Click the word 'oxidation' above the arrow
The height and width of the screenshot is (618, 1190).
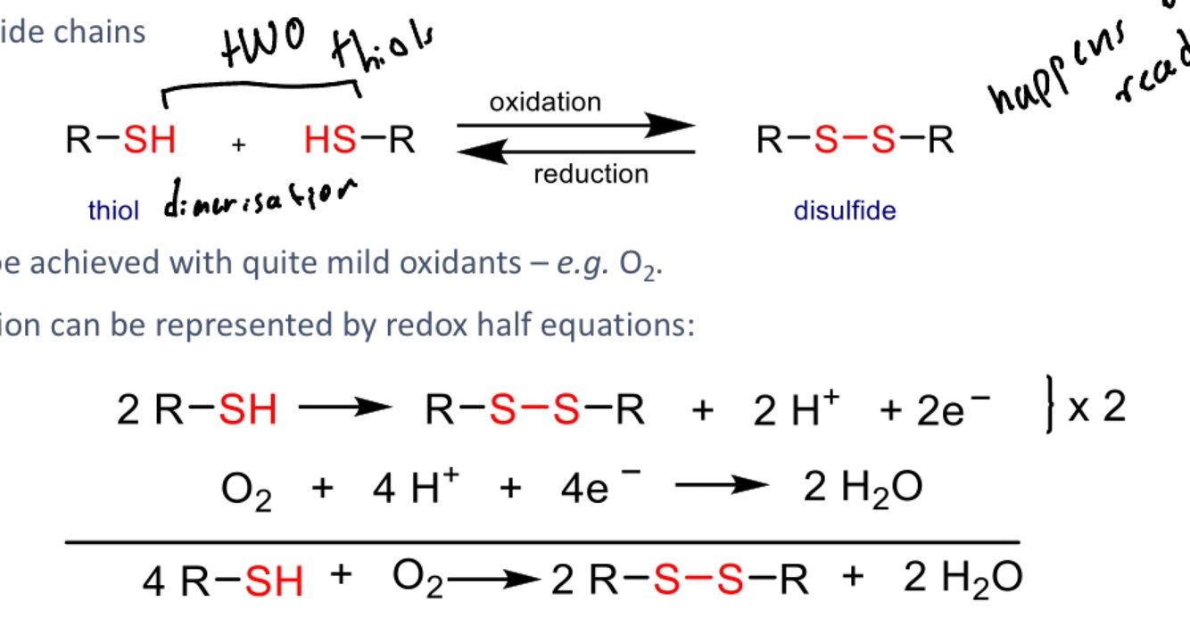click(544, 102)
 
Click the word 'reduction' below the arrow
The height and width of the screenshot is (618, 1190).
click(591, 174)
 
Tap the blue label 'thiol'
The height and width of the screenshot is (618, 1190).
click(113, 211)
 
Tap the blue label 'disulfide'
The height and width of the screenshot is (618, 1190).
click(844, 211)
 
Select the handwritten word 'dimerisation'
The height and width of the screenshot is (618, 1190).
click(260, 198)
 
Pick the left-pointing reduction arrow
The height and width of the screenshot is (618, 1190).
click(576, 152)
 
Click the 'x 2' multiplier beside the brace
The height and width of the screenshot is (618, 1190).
click(1096, 408)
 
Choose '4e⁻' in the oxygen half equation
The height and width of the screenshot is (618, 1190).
click(586, 490)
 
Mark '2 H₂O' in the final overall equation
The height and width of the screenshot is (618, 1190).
click(962, 579)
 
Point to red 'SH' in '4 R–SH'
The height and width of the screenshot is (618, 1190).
click(273, 581)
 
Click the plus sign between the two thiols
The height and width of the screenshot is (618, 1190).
click(238, 146)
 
